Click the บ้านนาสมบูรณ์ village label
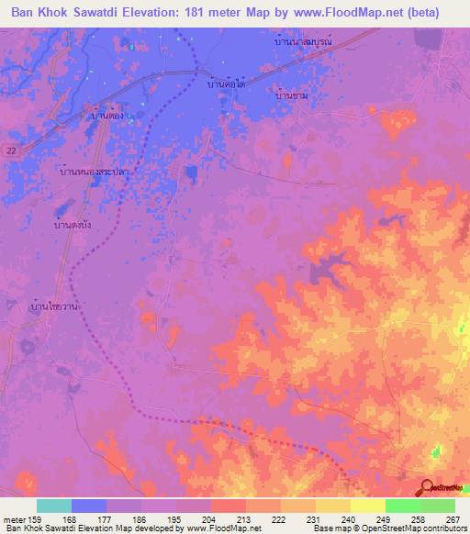[x=302, y=42]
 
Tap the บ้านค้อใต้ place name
[x=227, y=83]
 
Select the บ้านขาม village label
[x=291, y=95]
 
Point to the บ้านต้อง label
[x=106, y=117]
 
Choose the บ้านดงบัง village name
[x=73, y=224]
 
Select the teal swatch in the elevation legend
[x=54, y=506]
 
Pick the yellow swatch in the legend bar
[x=332, y=506]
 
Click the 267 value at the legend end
[x=453, y=518]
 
